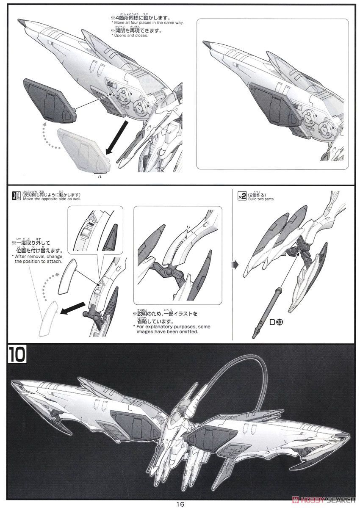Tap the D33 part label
pos(277,323)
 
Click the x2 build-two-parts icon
pos(242,195)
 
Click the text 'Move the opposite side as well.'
pos(51,199)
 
